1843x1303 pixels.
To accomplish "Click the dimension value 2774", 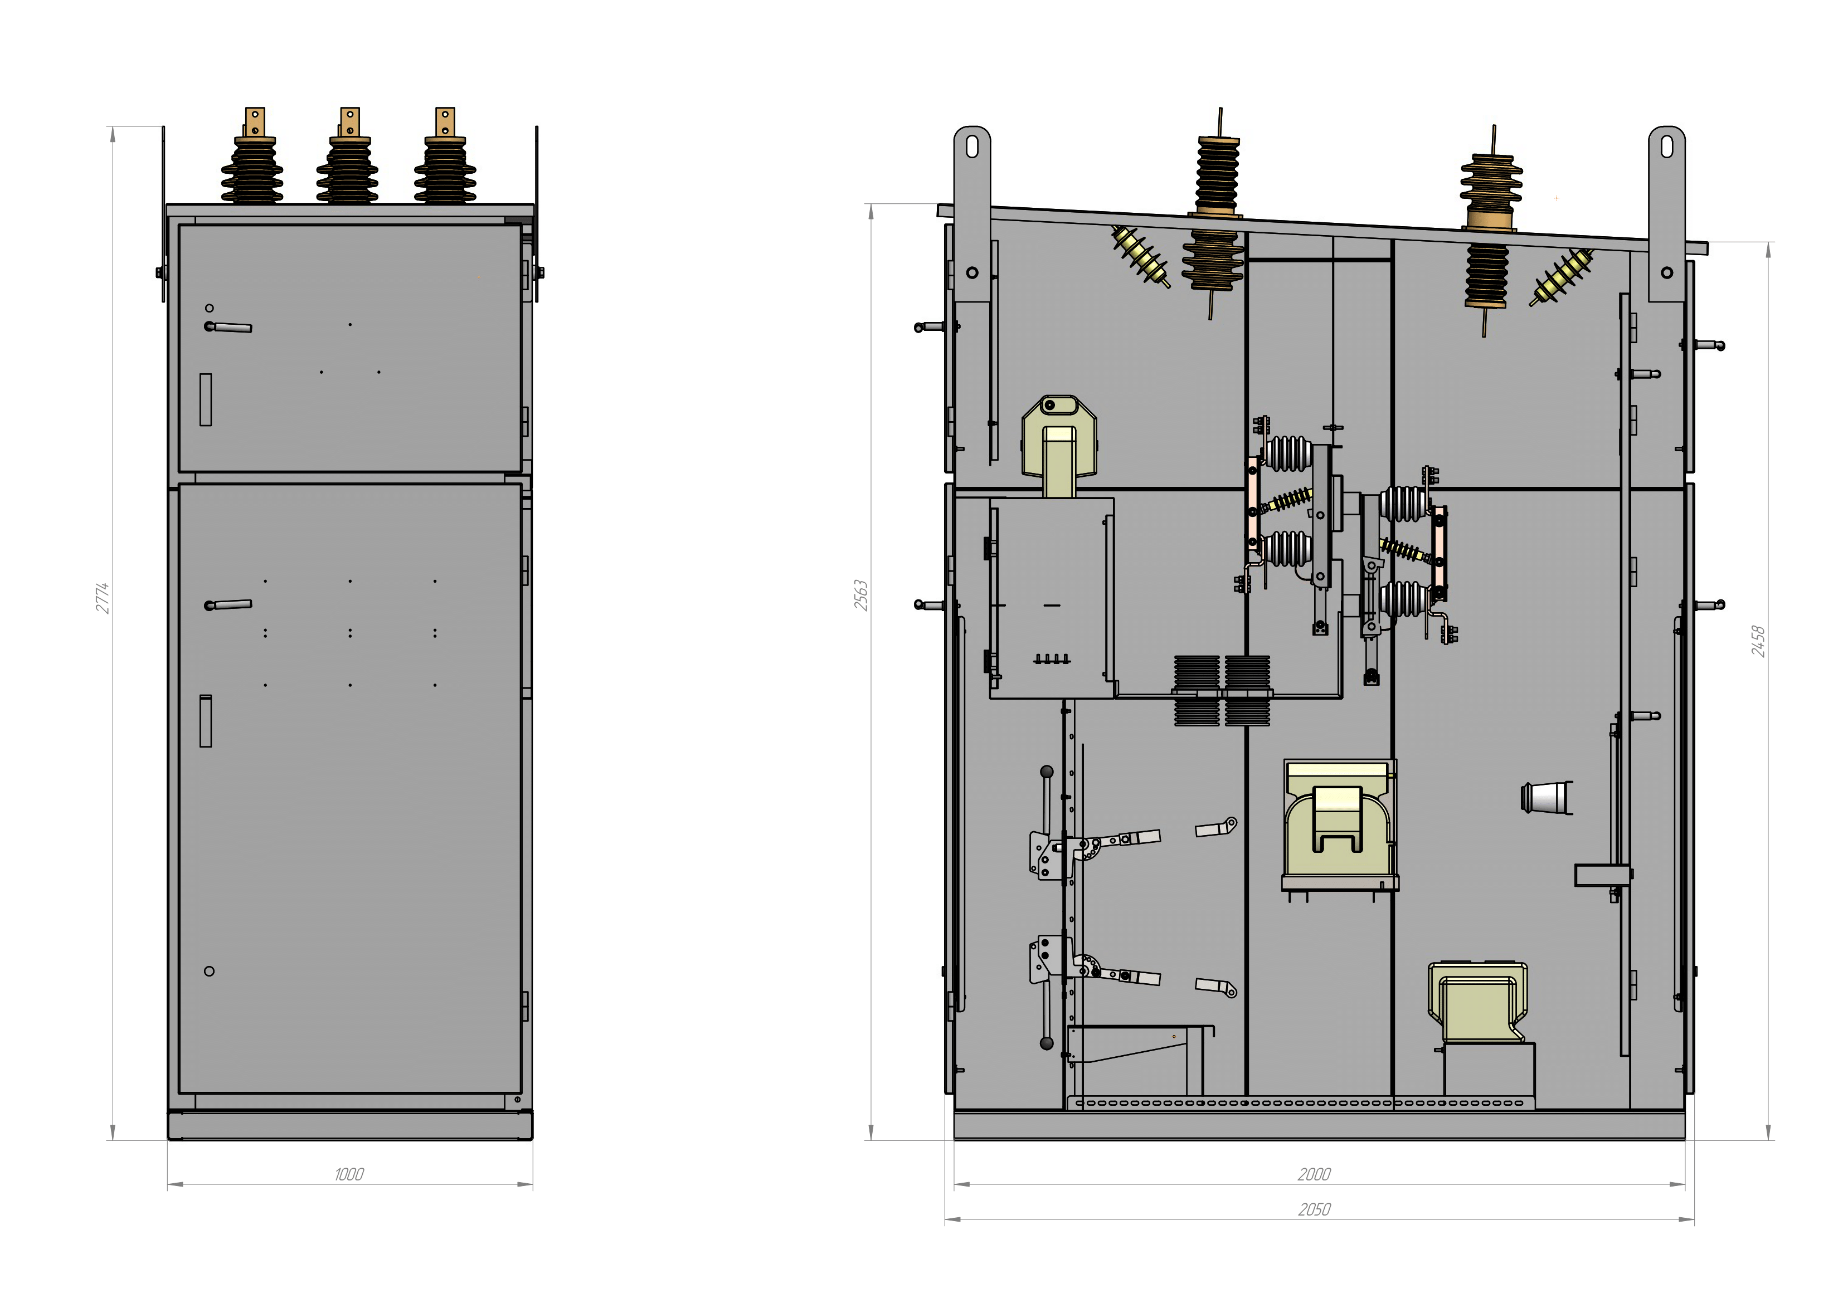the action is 102,598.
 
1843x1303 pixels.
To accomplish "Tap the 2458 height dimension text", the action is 1758,641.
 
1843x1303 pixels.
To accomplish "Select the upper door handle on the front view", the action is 228,326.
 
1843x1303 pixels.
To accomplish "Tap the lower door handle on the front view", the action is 228,605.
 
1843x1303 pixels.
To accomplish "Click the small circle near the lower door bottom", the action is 210,971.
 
